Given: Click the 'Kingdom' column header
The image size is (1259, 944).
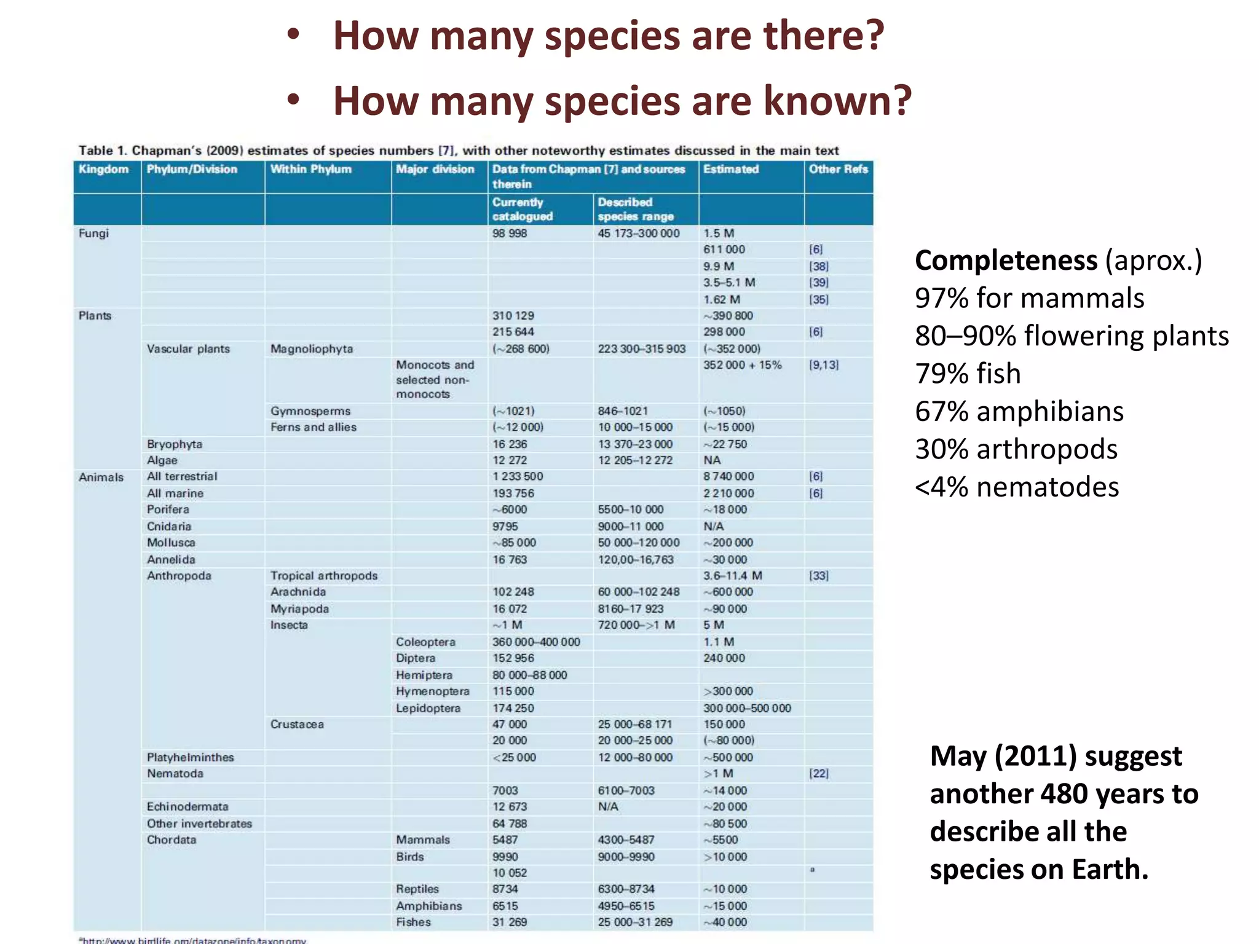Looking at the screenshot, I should click(x=103, y=170).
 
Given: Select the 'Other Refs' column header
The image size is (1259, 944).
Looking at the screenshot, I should click(x=838, y=170).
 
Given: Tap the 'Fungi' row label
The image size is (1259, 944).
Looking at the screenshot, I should click(x=93, y=234).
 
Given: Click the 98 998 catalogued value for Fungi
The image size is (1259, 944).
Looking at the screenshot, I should click(x=510, y=234).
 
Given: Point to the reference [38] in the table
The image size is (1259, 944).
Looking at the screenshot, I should click(x=819, y=267).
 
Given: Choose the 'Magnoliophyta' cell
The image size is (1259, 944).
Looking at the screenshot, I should click(x=312, y=349).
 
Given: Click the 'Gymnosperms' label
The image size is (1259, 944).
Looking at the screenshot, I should click(x=310, y=411).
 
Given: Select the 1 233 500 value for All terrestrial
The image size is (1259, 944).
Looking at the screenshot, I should click(x=518, y=477).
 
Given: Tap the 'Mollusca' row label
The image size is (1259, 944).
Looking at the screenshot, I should click(x=171, y=543).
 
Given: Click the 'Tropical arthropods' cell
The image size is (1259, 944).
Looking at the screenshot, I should click(x=324, y=576).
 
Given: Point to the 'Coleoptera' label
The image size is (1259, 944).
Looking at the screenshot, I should click(x=425, y=642).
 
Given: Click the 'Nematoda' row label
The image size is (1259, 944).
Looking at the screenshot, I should click(x=175, y=774).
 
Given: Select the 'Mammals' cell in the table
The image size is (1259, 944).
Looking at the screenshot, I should click(x=423, y=840).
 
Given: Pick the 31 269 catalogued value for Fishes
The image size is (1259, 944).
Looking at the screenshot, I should click(x=510, y=922).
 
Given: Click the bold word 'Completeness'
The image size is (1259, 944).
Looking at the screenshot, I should click(x=1006, y=261).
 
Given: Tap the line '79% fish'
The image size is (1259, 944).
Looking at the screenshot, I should click(x=968, y=374).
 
